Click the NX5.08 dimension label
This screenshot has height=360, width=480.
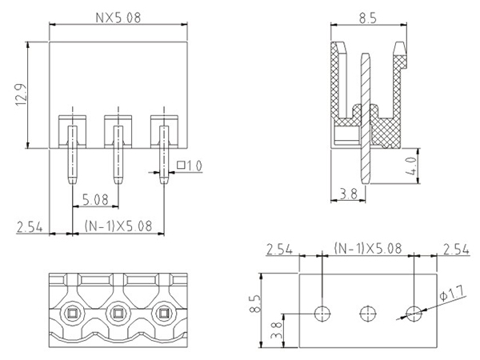tap(118, 18)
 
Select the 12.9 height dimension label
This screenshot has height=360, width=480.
tap(21, 95)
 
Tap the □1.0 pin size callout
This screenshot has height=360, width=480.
tap(190, 166)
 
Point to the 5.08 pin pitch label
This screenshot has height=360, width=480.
tap(95, 200)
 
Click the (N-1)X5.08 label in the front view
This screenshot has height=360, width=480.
tap(118, 226)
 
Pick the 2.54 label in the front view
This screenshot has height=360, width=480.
tap(30, 227)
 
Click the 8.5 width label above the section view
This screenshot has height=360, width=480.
tap(368, 18)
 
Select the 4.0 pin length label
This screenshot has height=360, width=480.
tap(411, 166)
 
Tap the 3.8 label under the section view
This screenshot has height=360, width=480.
tap(349, 194)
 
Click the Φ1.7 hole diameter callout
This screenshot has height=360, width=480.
tap(452, 293)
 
